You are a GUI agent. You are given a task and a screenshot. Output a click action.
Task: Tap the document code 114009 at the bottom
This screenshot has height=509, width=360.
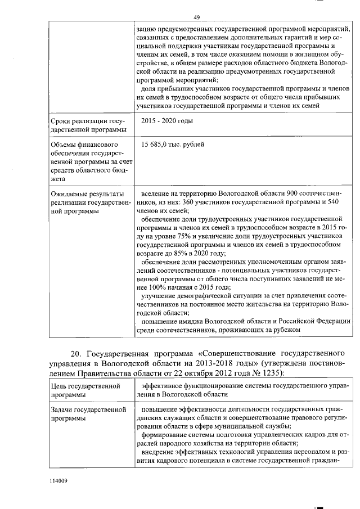(x=58, y=481)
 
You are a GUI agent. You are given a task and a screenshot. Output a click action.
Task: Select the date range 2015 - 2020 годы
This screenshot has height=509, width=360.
(x=167, y=121)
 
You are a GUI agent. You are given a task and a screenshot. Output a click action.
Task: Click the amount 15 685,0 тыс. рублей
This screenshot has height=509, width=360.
(x=173, y=145)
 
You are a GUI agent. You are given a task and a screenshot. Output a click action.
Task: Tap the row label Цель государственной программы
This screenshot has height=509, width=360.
(x=87, y=390)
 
